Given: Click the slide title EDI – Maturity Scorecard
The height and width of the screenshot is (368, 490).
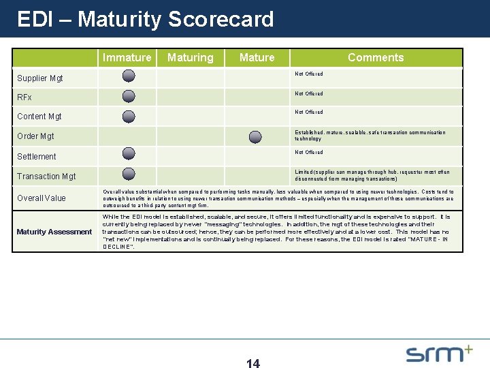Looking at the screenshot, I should (145, 19).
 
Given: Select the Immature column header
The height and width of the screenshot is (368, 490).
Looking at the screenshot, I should (127, 58).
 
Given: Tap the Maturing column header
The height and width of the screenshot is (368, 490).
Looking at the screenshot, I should (190, 58).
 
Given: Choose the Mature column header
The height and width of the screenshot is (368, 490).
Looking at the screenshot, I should (257, 58).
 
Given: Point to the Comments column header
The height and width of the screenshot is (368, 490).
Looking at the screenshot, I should (376, 58).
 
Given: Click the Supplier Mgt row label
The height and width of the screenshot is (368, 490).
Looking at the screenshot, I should (40, 78).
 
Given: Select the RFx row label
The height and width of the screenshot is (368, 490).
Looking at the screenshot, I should (25, 97).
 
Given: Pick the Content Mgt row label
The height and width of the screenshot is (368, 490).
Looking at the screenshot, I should (40, 117).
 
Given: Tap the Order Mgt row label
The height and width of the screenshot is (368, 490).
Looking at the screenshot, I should (36, 136).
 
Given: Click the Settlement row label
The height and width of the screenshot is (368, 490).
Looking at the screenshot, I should (37, 157).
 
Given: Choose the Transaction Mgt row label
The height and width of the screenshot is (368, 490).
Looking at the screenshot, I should (46, 177).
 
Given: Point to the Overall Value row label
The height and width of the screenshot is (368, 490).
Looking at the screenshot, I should (42, 198).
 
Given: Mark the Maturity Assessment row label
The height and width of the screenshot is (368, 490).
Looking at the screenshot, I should (54, 232).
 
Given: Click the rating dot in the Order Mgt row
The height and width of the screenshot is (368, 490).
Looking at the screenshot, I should (255, 137).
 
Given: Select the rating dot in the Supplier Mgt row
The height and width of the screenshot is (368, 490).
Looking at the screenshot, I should (129, 76).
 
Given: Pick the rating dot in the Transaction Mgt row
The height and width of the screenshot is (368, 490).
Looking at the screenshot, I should (129, 174).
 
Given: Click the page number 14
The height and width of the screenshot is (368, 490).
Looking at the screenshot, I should (252, 363).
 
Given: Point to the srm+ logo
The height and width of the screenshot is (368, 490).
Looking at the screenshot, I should (439, 353).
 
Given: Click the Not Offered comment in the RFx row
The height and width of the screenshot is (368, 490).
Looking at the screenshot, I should (308, 93).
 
